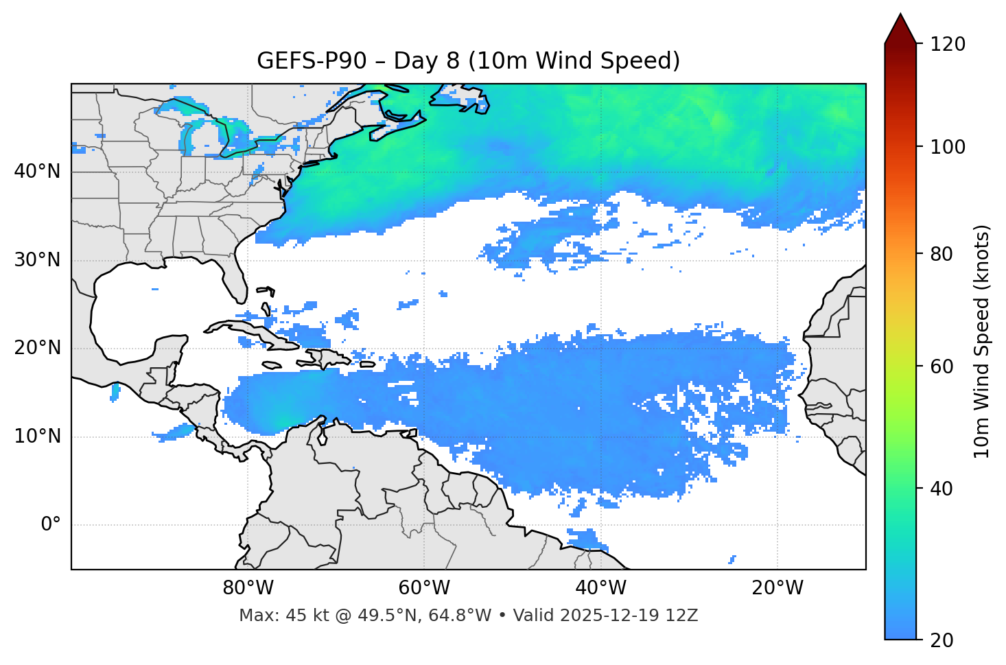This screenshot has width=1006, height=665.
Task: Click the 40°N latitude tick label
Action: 37,172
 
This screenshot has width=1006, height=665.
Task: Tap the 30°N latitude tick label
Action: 37,260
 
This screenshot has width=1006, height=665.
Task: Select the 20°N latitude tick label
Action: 37,348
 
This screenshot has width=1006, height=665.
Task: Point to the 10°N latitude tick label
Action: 37,436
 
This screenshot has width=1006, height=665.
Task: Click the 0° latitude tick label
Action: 50,525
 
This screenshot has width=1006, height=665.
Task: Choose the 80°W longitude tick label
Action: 248,588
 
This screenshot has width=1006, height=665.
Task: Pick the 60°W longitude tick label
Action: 424,588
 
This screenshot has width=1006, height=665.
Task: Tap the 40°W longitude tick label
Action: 600,588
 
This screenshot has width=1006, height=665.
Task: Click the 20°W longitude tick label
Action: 777,588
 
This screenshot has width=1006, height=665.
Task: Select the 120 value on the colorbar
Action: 947,45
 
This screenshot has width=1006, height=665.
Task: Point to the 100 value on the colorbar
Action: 947,147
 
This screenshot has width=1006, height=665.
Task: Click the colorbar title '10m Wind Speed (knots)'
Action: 982,341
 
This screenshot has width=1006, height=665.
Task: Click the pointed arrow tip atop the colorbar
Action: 900,15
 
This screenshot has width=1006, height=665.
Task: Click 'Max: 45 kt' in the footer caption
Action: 274,616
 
